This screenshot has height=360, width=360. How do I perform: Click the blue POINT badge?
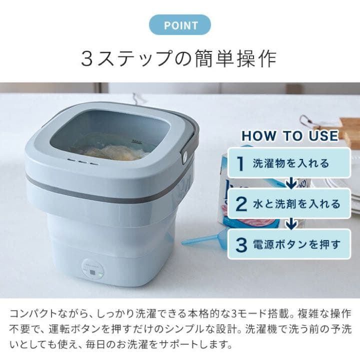point(179,25)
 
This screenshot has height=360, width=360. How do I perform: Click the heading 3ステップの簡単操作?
point(179,58)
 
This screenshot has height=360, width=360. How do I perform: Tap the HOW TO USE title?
point(290,135)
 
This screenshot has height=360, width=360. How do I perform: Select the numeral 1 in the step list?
point(241,163)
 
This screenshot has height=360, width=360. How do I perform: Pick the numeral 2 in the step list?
point(241,204)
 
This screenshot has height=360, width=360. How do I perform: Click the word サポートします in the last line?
point(199,344)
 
